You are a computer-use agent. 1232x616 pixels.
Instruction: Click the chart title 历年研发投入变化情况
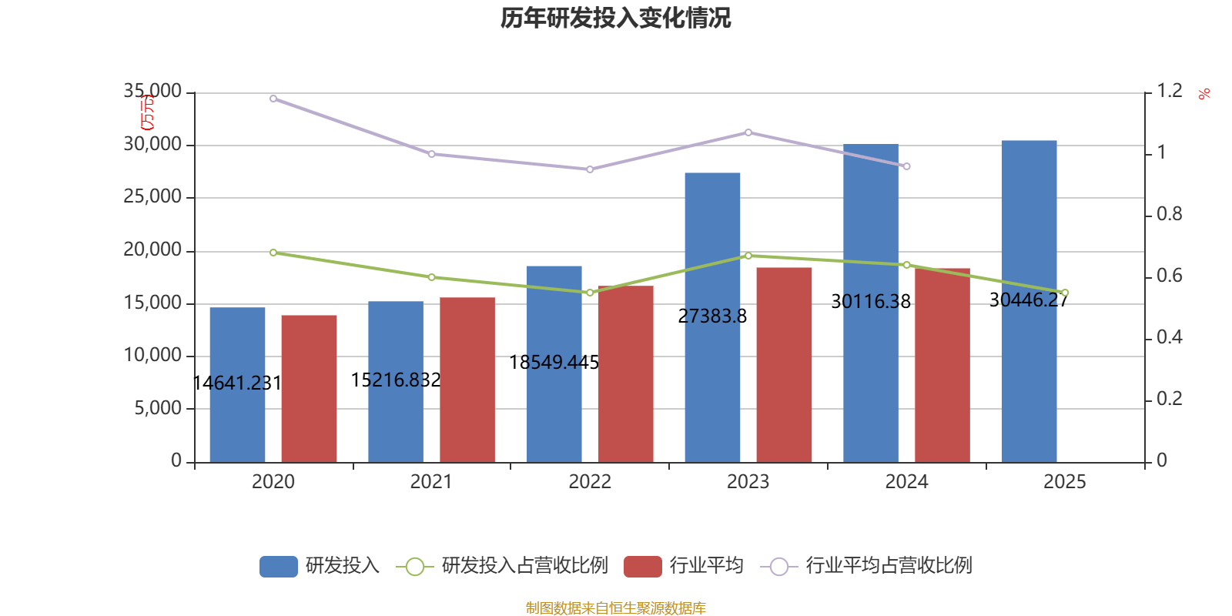pos(615,18)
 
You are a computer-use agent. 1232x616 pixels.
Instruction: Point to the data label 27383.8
pos(712,316)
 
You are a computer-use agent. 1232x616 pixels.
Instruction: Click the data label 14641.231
pos(237,383)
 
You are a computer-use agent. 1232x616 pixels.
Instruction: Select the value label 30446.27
pos(1029,300)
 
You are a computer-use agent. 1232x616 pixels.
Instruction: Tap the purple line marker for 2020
pos(273,99)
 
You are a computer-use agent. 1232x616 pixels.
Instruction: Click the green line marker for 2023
pos(748,256)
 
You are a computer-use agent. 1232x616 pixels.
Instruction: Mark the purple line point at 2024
pos(906,166)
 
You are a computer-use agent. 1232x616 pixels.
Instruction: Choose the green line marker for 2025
pos(1065,293)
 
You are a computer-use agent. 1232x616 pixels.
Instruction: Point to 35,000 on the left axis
pos(152,92)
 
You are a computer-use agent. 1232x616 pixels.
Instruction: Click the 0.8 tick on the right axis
pos(1169,214)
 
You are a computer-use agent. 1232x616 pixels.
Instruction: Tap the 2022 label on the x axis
pos(590,481)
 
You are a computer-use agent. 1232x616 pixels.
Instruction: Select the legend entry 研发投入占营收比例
pos(524,566)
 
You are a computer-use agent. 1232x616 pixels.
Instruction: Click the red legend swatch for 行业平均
pos(643,567)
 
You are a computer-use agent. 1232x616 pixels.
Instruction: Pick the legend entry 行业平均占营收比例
pos(888,566)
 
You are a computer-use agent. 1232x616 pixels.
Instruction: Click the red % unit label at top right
pos(1204,94)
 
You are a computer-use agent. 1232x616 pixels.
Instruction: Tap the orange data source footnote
pos(615,608)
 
